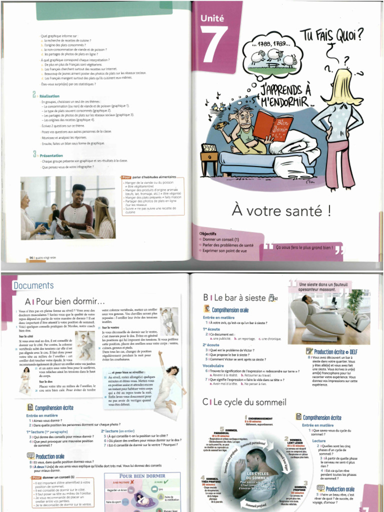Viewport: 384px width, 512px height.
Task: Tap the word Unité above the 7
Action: coord(212,18)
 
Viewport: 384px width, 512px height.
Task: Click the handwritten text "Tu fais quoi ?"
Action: coord(331,36)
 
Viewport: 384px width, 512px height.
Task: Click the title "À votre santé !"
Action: coord(281,210)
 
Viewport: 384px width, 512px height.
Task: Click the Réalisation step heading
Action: coord(49,96)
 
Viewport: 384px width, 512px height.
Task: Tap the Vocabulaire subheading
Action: coord(213,365)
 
